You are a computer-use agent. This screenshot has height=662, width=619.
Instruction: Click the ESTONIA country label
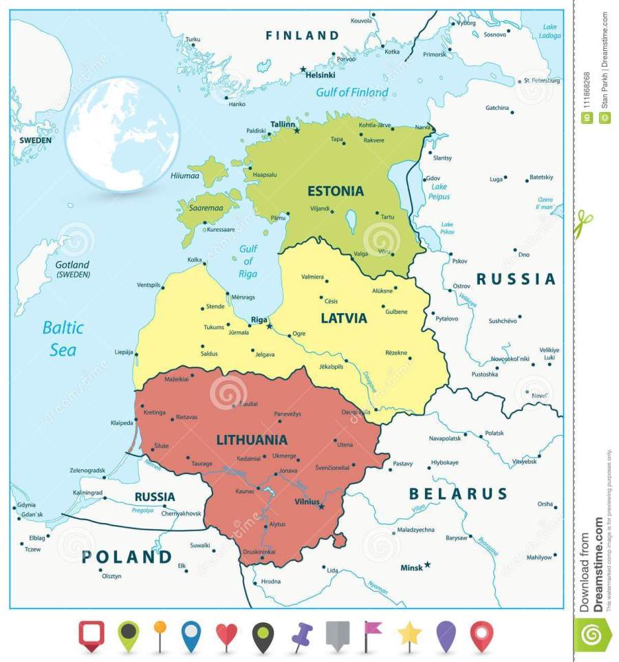(336, 191)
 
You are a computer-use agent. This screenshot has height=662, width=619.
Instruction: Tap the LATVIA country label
(344, 318)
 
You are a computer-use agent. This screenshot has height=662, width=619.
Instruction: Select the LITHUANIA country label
(252, 439)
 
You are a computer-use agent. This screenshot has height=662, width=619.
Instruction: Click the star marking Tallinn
(297, 130)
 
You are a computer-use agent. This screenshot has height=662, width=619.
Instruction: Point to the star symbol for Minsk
(427, 564)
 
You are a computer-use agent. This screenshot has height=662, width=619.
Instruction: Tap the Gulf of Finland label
(351, 92)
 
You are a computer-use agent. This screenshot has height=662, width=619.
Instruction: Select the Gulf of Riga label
(248, 261)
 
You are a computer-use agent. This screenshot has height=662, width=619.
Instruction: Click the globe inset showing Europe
(122, 134)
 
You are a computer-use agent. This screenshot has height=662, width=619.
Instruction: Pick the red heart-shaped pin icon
(226, 634)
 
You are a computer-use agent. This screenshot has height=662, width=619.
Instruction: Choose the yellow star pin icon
(410, 634)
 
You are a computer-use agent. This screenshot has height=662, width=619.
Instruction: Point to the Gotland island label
(72, 269)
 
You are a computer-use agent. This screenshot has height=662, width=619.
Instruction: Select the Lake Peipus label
(439, 191)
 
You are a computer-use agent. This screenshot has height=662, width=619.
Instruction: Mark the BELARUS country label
(458, 493)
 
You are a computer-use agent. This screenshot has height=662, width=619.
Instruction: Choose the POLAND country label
(127, 556)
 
